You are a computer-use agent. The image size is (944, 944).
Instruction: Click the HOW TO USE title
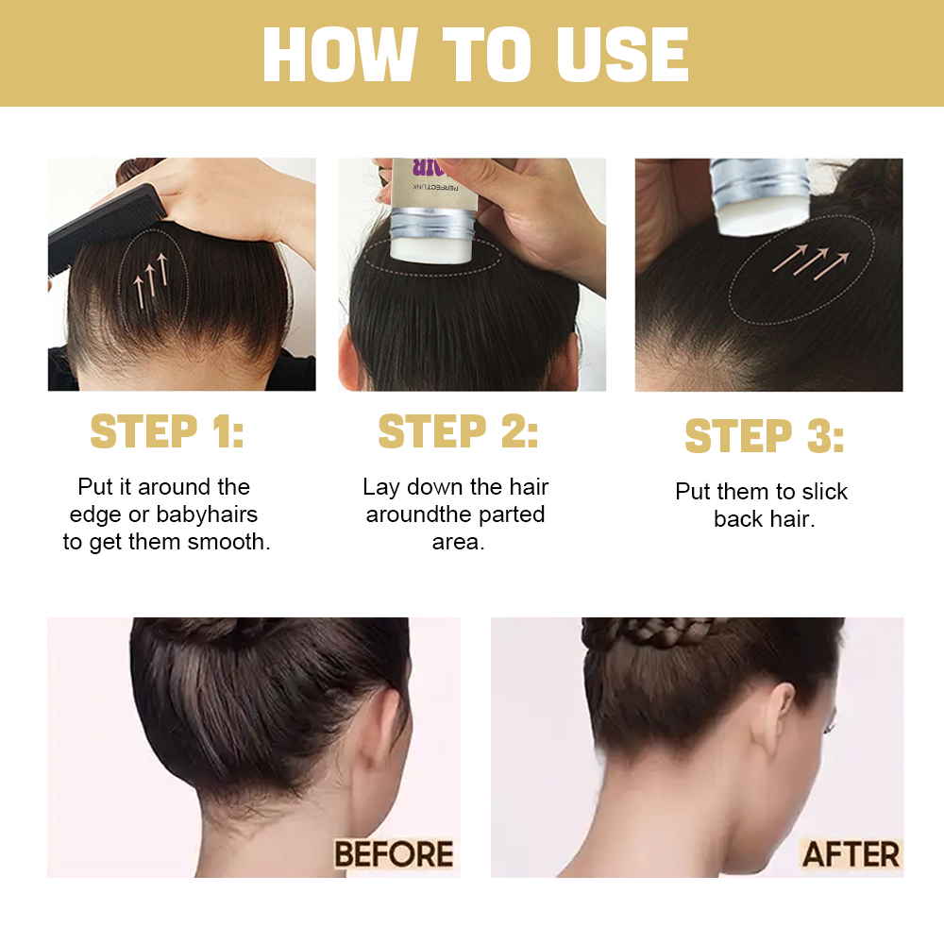[475, 54]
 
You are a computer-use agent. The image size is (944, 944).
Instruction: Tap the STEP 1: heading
[167, 431]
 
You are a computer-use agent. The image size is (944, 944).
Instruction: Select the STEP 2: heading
[458, 431]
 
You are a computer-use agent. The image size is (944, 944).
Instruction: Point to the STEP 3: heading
[765, 437]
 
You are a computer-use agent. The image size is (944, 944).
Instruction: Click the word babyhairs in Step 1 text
[207, 515]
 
